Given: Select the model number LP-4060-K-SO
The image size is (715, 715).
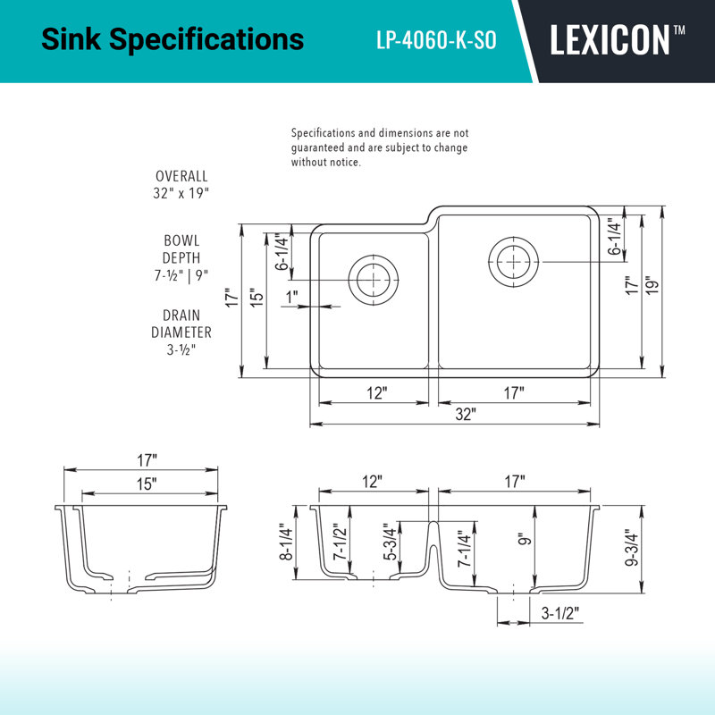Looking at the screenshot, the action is pyautogui.click(x=436, y=40).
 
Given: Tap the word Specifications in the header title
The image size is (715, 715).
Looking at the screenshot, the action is pyautogui.click(x=206, y=39).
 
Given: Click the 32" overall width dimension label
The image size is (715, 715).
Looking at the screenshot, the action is pyautogui.click(x=466, y=414).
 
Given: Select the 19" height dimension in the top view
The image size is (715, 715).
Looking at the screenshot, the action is pyautogui.click(x=652, y=285).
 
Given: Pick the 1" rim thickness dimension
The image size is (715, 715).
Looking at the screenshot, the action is pyautogui.click(x=292, y=297).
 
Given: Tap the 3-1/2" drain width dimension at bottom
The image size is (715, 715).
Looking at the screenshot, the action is pyautogui.click(x=560, y=613).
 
